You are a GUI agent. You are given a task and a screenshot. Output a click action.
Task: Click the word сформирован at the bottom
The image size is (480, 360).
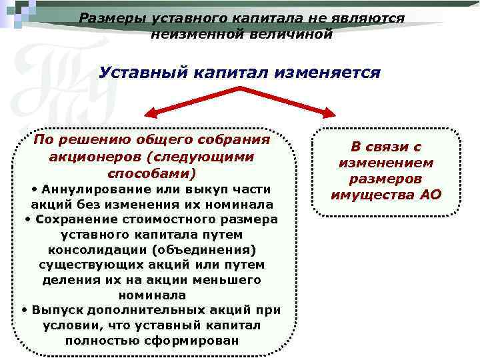[x=196, y=340]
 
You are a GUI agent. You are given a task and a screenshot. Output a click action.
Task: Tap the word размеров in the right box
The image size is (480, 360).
[x=386, y=179]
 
